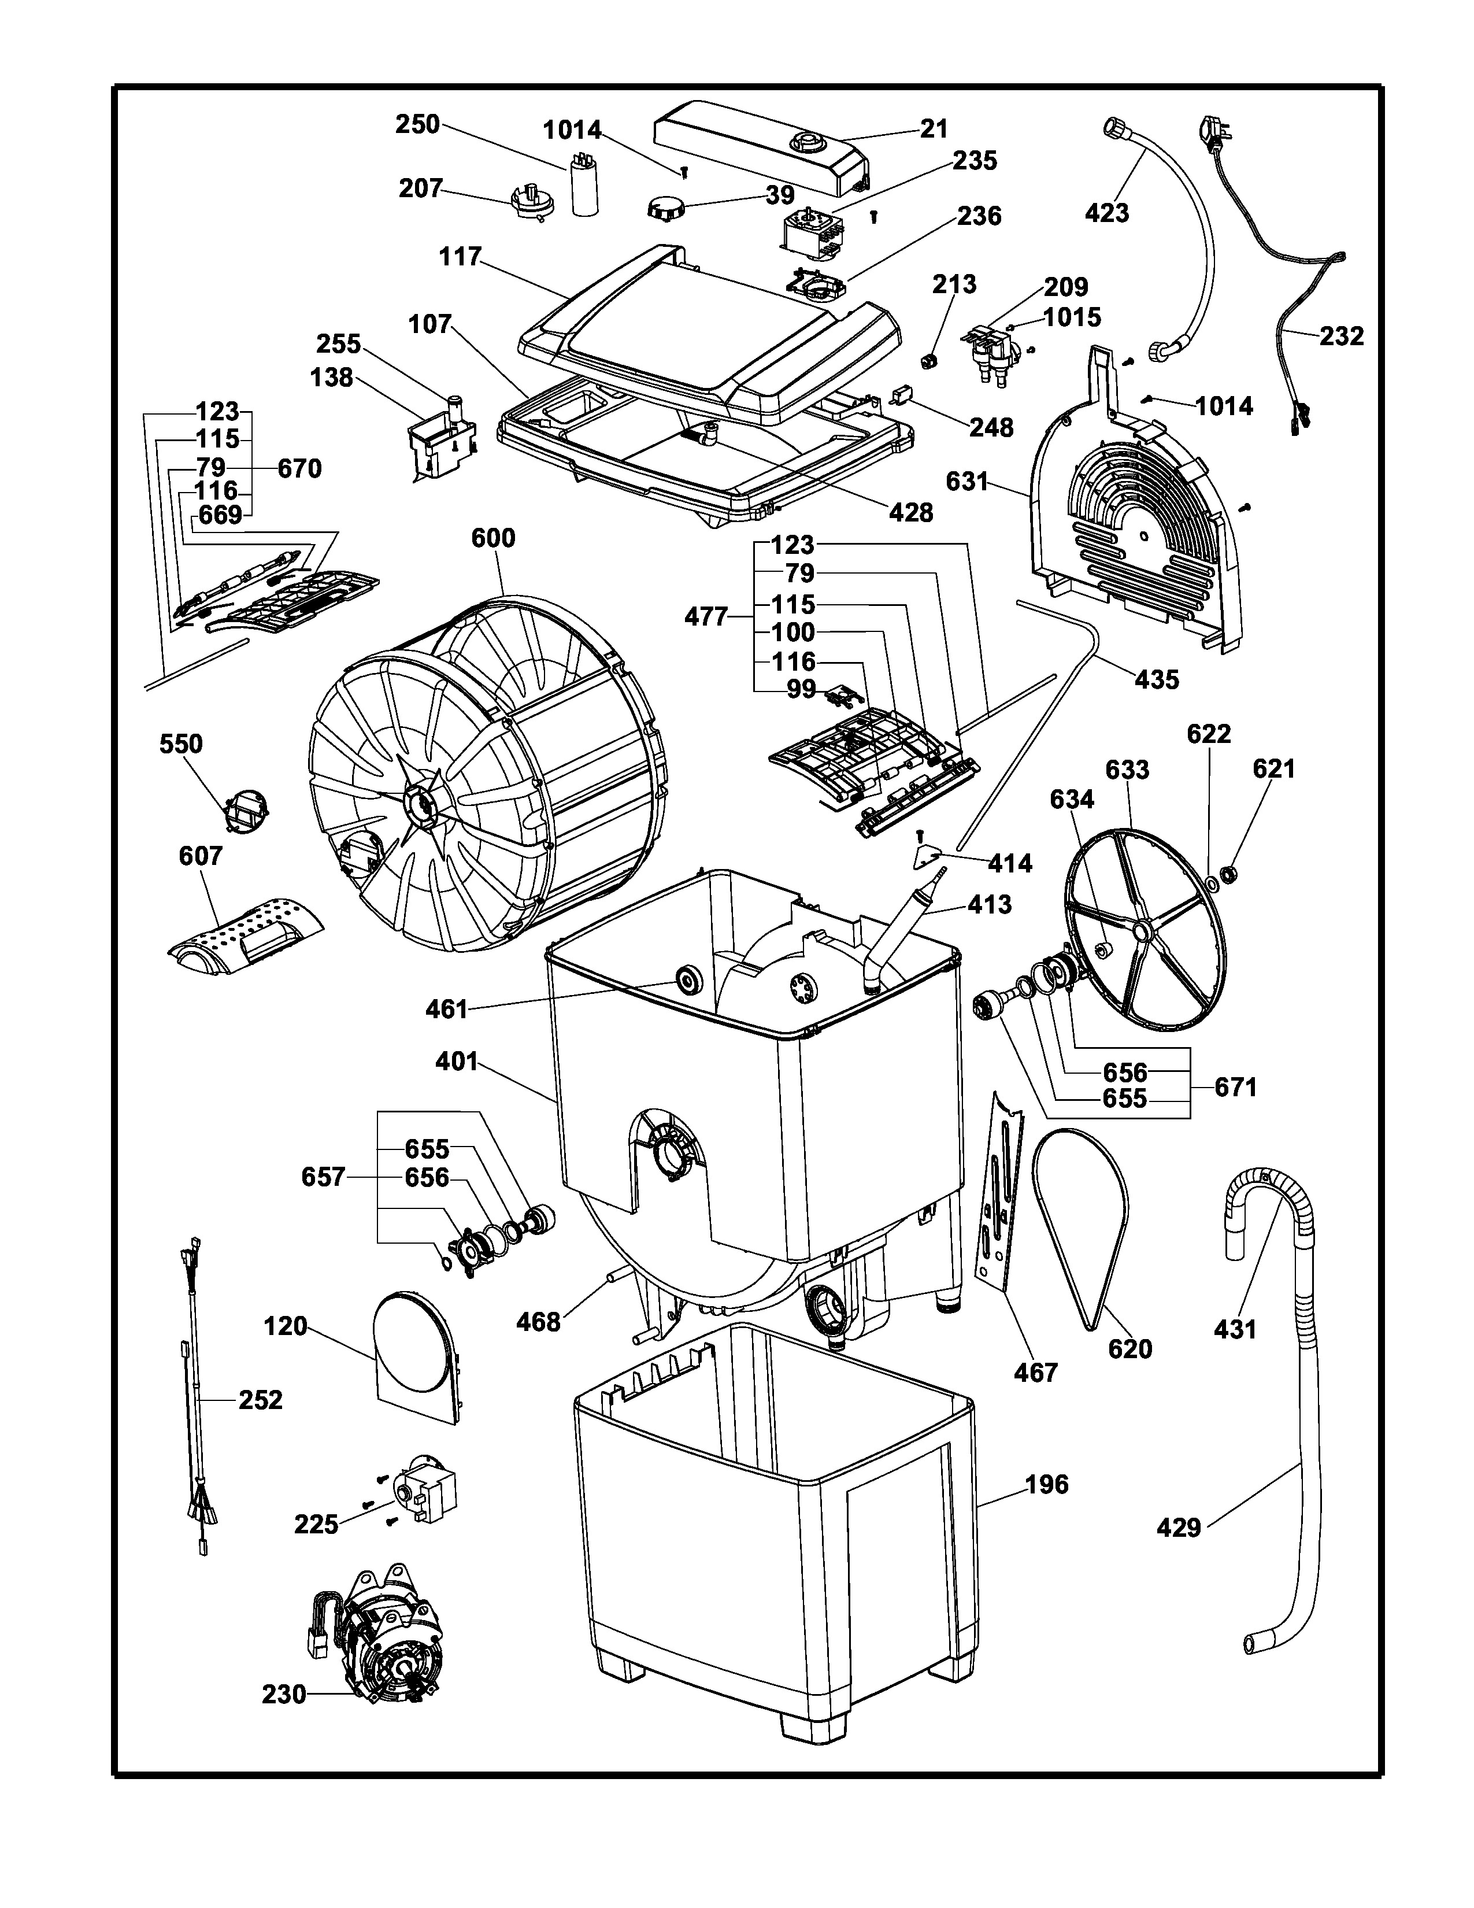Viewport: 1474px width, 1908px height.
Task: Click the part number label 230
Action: click(x=284, y=1695)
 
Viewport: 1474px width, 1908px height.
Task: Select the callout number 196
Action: click(x=1046, y=1484)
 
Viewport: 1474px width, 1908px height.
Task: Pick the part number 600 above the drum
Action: click(x=494, y=538)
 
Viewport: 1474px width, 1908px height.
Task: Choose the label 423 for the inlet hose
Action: click(x=1106, y=212)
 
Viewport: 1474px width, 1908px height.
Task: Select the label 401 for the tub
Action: click(x=457, y=1062)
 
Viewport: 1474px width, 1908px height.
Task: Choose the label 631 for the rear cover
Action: click(x=966, y=482)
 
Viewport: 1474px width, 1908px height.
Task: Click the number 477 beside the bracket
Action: click(x=706, y=617)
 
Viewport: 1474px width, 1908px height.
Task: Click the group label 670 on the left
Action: click(x=299, y=469)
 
